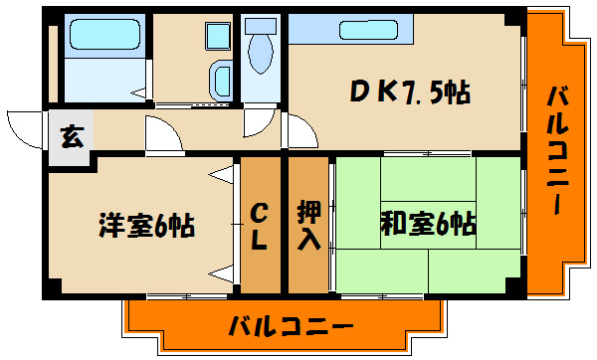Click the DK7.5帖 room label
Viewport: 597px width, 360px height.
(410, 91)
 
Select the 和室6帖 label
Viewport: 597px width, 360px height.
(428, 224)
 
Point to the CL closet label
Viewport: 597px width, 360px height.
(259, 227)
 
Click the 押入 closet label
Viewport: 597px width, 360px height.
(308, 225)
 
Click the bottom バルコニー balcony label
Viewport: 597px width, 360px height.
(292, 326)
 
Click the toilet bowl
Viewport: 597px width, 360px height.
(261, 54)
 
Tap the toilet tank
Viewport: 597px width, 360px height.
(261, 26)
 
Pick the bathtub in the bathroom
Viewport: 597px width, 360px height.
(104, 34)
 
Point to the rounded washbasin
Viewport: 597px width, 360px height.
(221, 80)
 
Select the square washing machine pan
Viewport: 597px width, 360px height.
(218, 36)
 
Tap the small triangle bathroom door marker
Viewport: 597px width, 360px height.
(138, 92)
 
